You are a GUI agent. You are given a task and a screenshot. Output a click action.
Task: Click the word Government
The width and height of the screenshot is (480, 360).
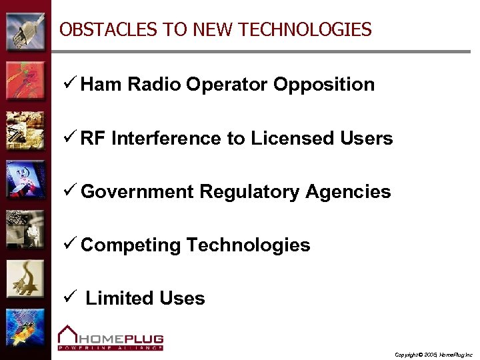point(137,192)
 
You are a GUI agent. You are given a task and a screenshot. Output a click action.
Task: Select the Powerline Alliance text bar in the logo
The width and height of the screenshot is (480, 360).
point(110,347)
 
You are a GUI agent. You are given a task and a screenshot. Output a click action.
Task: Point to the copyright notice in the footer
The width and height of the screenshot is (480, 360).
point(433,354)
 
